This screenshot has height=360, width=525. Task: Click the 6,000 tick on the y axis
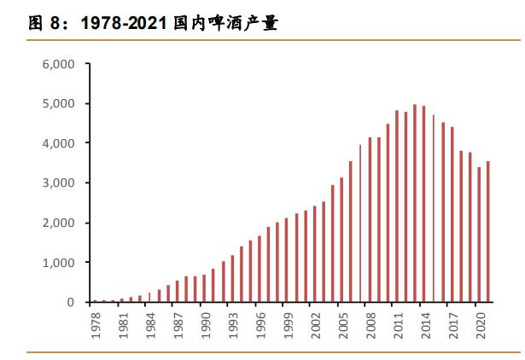point(58,64)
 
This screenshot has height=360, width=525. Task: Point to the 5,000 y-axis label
point(58,103)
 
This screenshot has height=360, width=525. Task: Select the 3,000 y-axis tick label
point(58,183)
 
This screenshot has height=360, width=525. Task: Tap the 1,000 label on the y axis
point(58,263)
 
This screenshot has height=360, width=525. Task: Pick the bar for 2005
point(342,240)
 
